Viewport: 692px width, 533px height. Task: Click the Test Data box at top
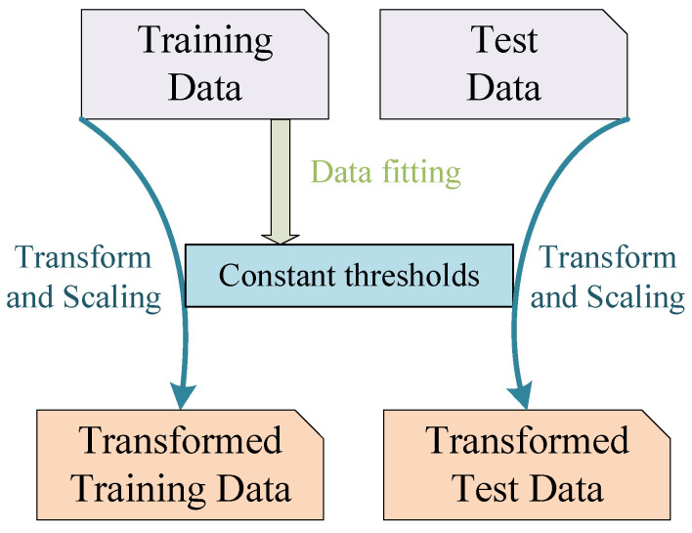coord(503,62)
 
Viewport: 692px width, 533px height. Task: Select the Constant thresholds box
coord(349,276)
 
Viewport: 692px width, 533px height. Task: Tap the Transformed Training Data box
coord(180,463)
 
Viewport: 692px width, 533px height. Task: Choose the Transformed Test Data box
coord(526,463)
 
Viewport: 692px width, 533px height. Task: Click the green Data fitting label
coord(384,173)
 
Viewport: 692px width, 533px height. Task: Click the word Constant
coord(278,276)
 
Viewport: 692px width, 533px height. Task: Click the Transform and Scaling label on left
coord(83,277)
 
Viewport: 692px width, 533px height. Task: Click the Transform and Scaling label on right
coord(608,277)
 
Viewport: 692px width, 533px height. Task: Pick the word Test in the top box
coord(505,41)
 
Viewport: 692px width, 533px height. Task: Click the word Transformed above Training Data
coord(180,441)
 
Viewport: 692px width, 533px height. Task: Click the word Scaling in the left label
coord(120,296)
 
